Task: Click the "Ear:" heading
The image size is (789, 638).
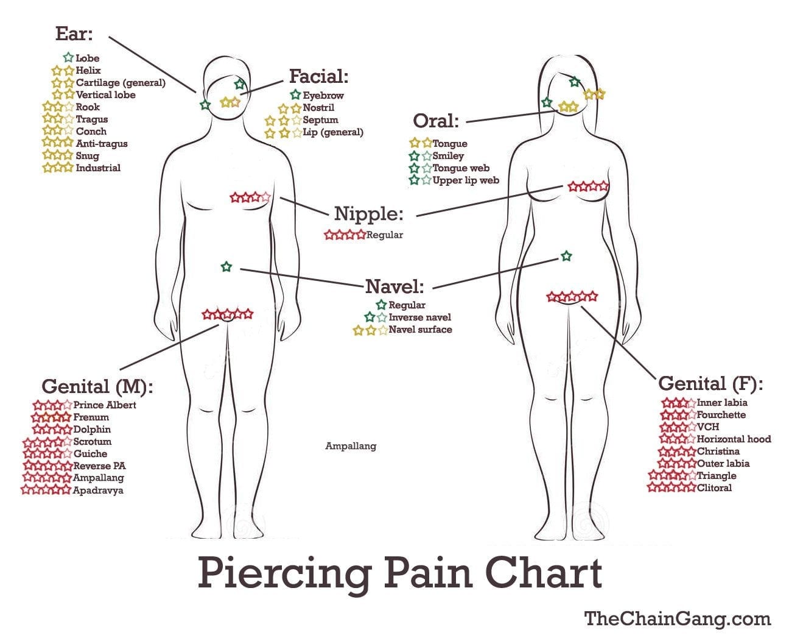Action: pyautogui.click(x=74, y=34)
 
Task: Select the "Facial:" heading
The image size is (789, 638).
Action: pyautogui.click(x=318, y=76)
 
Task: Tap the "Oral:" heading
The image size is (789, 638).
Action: pyautogui.click(x=436, y=121)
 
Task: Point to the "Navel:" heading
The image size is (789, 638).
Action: pyautogui.click(x=394, y=286)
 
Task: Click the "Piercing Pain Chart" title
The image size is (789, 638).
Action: pyautogui.click(x=400, y=573)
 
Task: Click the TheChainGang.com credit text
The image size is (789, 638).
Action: pyautogui.click(x=678, y=619)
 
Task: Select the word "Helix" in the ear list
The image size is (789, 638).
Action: pyautogui.click(x=88, y=71)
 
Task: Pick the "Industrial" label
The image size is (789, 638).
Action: pyautogui.click(x=98, y=168)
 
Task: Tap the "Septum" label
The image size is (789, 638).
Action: pyautogui.click(x=320, y=120)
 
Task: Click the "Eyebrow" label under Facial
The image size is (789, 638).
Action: pyautogui.click(x=323, y=96)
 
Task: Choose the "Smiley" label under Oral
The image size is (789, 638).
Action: pyautogui.click(x=448, y=156)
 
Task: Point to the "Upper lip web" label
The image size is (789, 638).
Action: pyautogui.click(x=466, y=180)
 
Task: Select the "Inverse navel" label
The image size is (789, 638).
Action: pyautogui.click(x=419, y=317)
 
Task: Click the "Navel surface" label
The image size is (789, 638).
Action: pyautogui.click(x=421, y=330)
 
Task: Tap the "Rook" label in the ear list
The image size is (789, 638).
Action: pyautogui.click(x=88, y=107)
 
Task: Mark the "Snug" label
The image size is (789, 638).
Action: pyautogui.click(x=88, y=156)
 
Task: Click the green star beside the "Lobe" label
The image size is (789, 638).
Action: pyautogui.click(x=68, y=57)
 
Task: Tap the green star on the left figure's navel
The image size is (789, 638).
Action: pyautogui.click(x=226, y=266)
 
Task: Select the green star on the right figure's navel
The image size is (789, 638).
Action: pyautogui.click(x=566, y=256)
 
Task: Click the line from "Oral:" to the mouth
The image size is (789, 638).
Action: pyautogui.click(x=512, y=116)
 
